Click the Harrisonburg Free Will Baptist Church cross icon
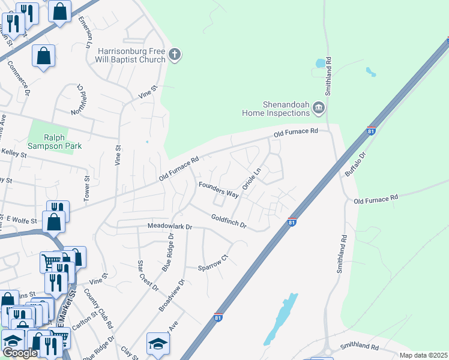tap(175, 55)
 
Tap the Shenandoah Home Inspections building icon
tap(318, 108)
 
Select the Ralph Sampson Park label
tap(54, 142)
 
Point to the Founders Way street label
tap(218, 189)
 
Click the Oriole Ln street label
tap(252, 179)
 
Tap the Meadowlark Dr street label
tap(169, 227)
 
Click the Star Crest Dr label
tap(147, 275)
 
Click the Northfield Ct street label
tap(78, 98)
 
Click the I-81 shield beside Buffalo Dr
tap(372, 131)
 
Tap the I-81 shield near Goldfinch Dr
tap(292, 222)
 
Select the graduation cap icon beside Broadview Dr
tap(158, 343)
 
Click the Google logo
tap(20, 353)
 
